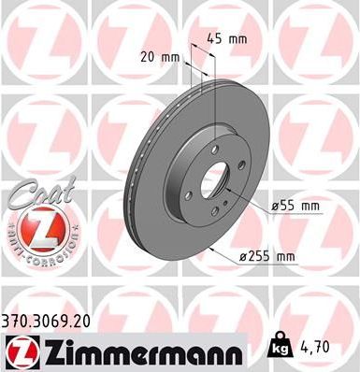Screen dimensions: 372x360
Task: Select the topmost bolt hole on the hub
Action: click(x=215, y=149)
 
